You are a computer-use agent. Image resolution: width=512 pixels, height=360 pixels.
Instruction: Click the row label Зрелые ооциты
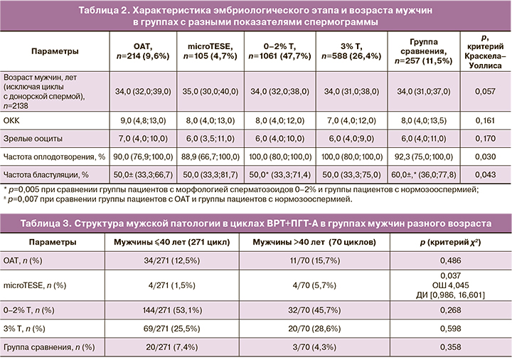[x=28, y=139]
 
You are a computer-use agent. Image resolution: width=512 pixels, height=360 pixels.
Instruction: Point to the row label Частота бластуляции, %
[x=46, y=174]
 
